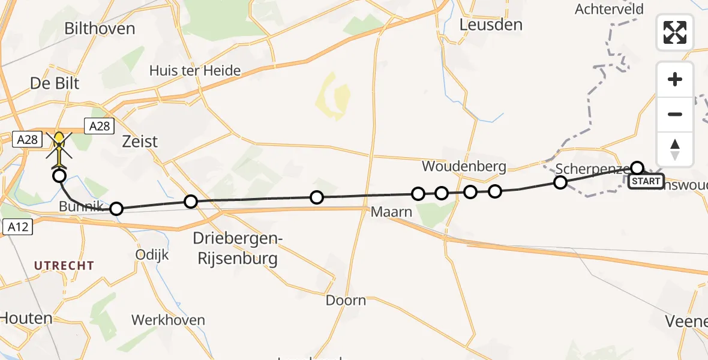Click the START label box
click(646, 181)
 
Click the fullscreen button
click(675, 32)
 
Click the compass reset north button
click(675, 149)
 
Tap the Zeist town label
click(140, 142)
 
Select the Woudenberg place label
click(464, 166)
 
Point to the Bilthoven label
click(99, 28)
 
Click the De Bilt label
click(55, 83)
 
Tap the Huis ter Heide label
click(195, 71)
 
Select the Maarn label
click(392, 212)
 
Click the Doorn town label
click(346, 300)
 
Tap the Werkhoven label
click(168, 320)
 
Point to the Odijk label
click(153, 254)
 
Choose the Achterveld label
click(609, 9)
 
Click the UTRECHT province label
click(64, 265)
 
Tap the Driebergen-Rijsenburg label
click(235, 249)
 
